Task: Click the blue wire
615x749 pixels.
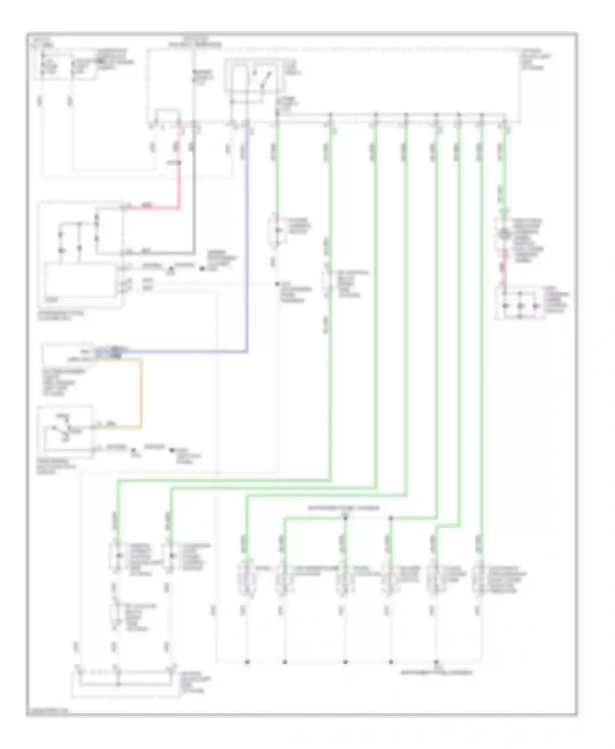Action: tap(247, 246)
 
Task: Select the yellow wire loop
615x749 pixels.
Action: tap(141, 393)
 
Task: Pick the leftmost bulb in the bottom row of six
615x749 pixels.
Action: tap(247, 578)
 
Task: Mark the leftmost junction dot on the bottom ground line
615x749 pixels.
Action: tap(247, 662)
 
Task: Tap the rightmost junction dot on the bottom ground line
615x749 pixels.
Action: tap(436, 662)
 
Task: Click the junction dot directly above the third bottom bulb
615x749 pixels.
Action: tap(345, 518)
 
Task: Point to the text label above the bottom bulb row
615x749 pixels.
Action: tap(344, 508)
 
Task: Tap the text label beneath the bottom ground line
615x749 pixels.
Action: tap(436, 672)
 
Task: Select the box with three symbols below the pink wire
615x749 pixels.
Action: tap(519, 303)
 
